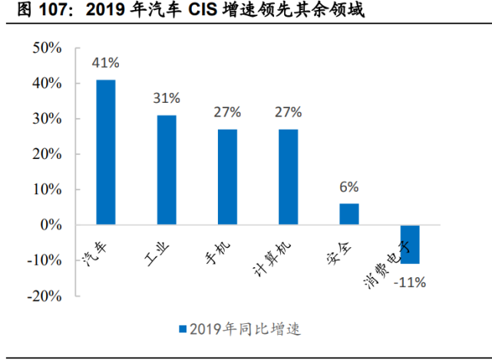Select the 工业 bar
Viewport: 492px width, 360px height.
coord(167,170)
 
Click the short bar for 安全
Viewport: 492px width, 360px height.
coord(349,214)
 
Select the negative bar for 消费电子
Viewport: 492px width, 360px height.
coord(410,244)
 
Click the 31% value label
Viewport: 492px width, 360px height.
coord(167,98)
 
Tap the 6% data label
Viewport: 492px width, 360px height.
coord(349,187)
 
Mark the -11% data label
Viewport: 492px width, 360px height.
coord(409,282)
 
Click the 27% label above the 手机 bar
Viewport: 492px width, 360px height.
coord(227,112)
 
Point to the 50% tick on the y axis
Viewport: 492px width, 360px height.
coord(47,48)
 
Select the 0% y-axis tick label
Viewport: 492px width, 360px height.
coord(51,225)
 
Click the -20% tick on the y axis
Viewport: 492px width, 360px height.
coord(45,296)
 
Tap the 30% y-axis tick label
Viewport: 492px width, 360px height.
coord(47,119)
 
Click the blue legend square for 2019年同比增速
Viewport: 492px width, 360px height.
coord(183,329)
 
